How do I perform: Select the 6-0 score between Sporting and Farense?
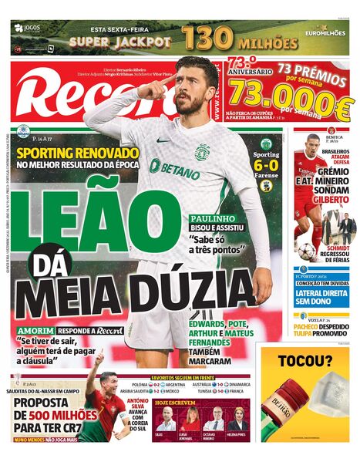pos(266,164)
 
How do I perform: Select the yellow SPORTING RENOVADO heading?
pos(79,153)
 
